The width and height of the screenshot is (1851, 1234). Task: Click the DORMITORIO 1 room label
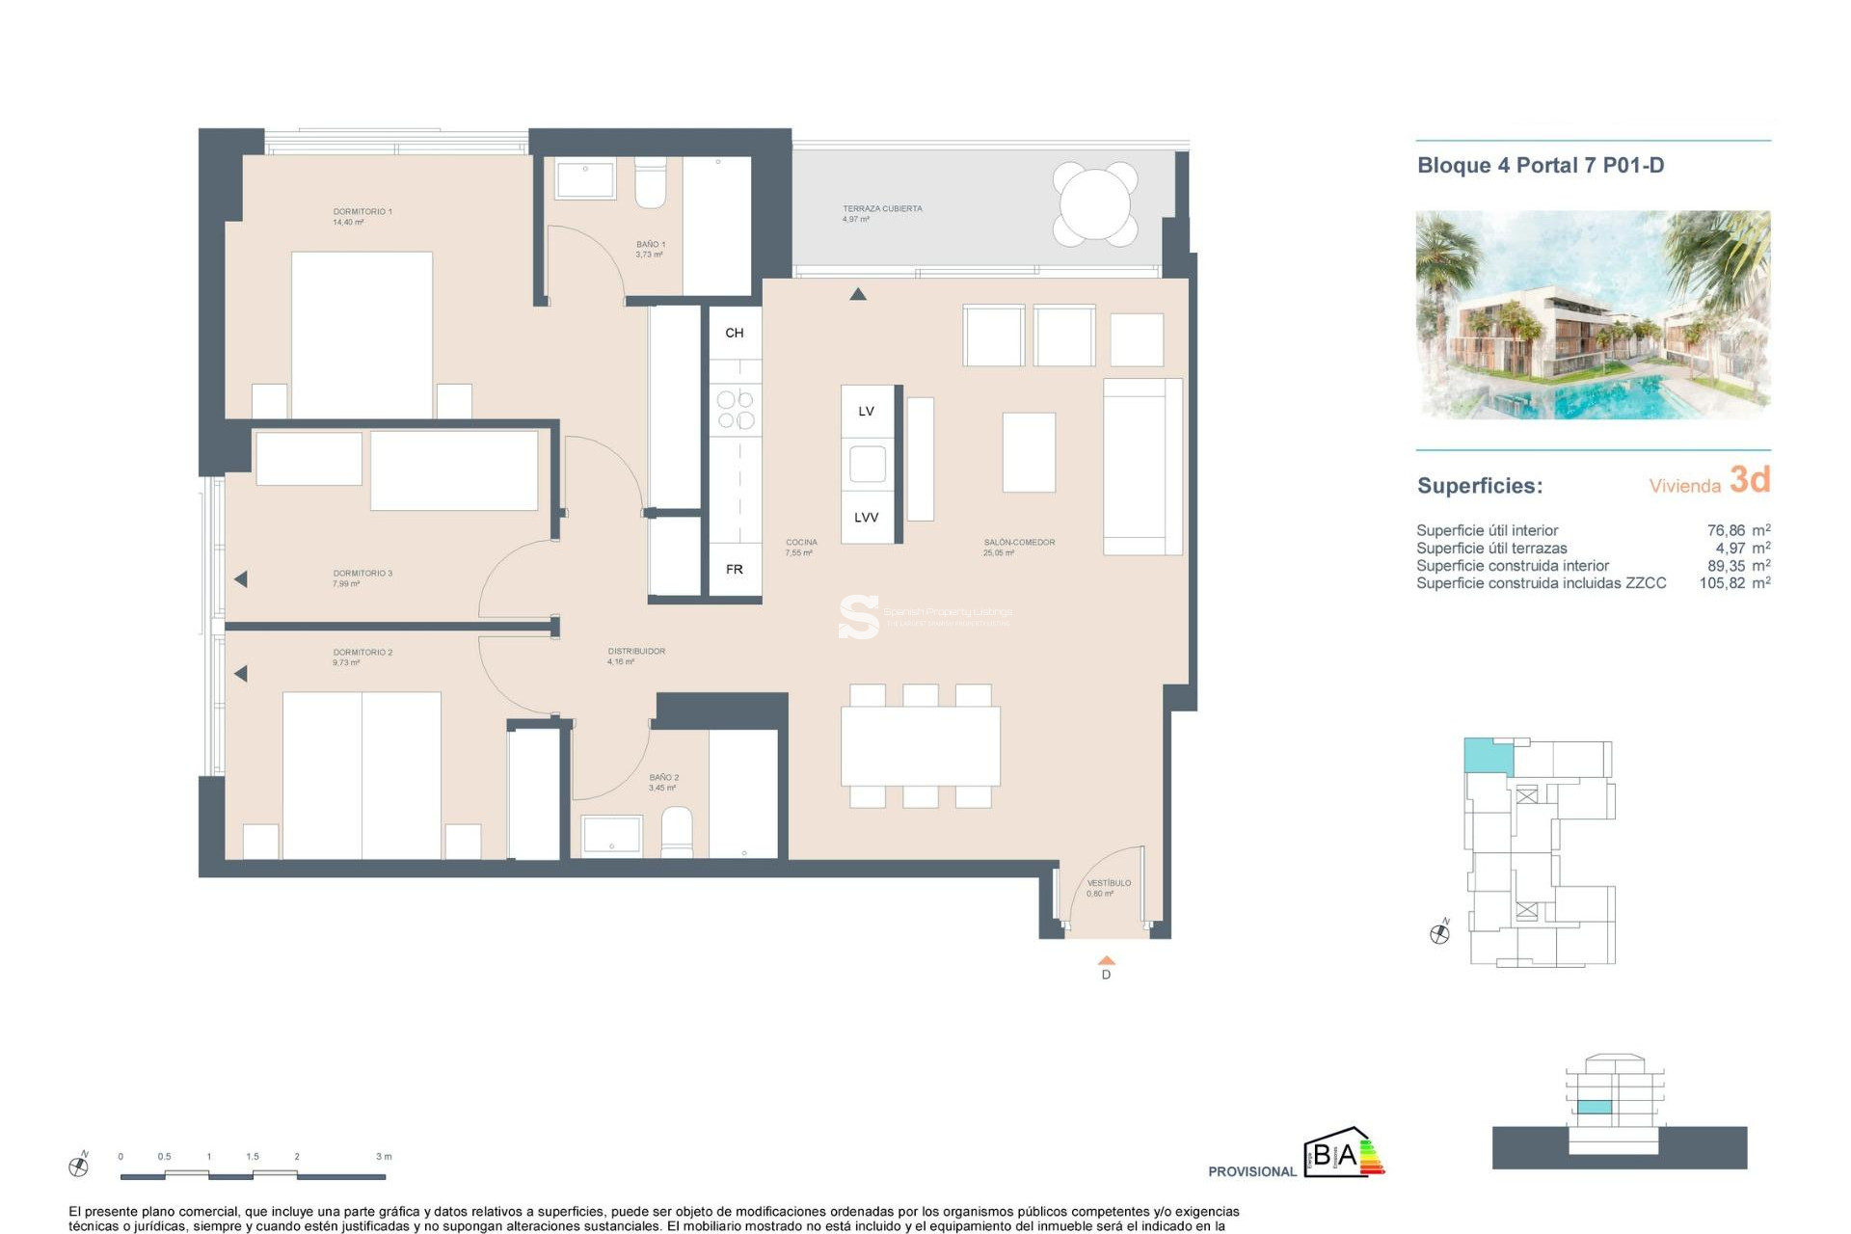click(362, 212)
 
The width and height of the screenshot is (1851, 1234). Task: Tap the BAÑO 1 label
click(650, 245)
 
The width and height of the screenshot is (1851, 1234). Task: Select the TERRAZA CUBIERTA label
click(882, 209)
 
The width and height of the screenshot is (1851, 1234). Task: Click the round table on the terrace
click(1095, 204)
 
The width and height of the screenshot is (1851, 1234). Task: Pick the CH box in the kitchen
click(735, 333)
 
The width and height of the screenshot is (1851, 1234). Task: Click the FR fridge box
click(735, 570)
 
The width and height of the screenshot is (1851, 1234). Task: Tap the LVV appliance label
click(866, 518)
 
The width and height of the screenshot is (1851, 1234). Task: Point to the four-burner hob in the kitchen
click(736, 410)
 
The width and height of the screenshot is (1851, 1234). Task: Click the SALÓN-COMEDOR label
click(1019, 543)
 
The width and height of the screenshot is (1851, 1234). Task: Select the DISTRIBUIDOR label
click(636, 652)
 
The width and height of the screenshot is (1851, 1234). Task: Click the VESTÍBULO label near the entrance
click(1109, 883)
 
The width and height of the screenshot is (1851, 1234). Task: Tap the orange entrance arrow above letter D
click(1107, 960)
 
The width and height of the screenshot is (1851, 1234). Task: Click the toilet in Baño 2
click(677, 832)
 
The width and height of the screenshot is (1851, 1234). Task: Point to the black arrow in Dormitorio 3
click(241, 579)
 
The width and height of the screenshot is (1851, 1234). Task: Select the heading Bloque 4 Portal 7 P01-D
click(1540, 166)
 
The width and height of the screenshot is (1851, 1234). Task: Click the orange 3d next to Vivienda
click(1749, 480)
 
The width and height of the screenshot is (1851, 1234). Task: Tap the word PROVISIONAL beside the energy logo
click(1251, 1171)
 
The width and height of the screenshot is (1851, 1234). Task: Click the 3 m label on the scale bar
click(384, 1156)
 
